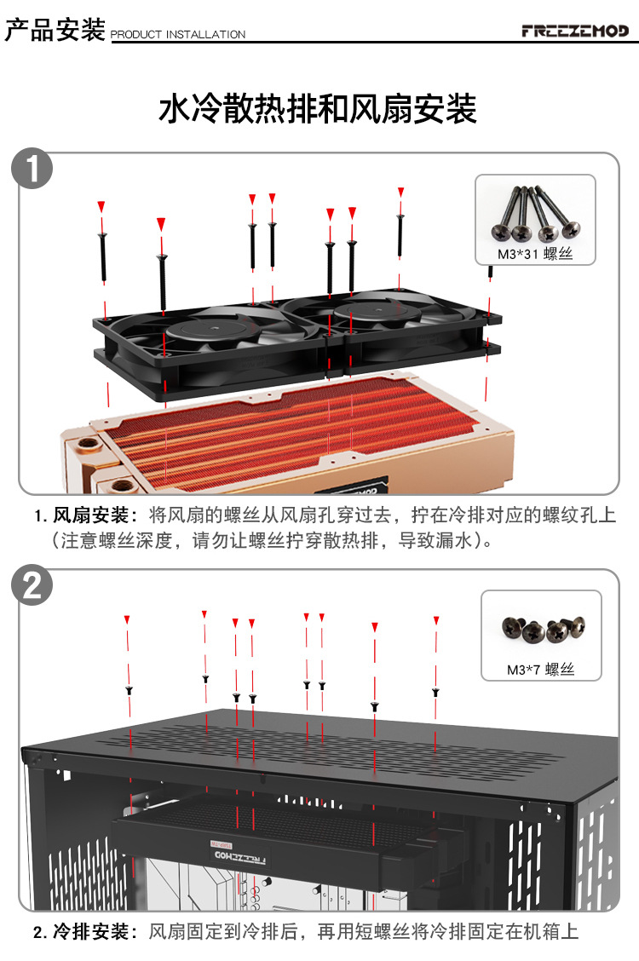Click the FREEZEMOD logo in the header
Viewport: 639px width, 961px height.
tap(574, 30)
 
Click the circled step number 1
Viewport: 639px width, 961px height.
tap(32, 168)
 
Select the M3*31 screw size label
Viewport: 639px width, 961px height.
tap(535, 254)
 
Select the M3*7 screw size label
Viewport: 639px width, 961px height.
tap(540, 670)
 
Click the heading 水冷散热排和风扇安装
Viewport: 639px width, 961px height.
tap(318, 109)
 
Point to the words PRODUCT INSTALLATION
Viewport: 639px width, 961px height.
tap(178, 34)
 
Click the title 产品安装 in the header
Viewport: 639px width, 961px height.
tap(55, 29)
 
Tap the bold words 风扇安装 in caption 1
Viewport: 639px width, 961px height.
tap(90, 515)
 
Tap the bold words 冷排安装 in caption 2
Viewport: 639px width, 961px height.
tap(90, 931)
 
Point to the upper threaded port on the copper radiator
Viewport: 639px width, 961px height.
tap(90, 443)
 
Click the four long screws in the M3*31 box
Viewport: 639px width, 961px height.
tap(536, 213)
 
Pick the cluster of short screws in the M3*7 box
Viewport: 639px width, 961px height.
tap(543, 629)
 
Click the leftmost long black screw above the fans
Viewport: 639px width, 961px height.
tap(102, 257)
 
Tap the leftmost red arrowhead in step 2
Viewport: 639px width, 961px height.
tap(127, 619)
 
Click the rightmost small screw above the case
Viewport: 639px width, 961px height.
tap(435, 692)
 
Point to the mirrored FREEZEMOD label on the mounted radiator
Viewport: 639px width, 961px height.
tap(239, 855)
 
